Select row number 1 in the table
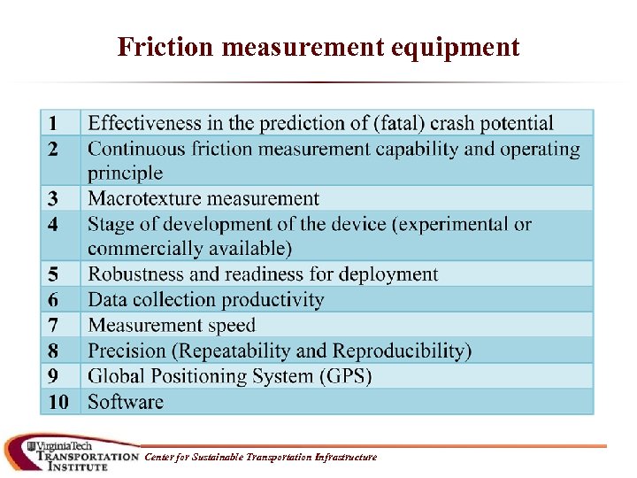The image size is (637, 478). [53, 123]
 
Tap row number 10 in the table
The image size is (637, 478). [58, 402]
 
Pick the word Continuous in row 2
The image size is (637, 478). [140, 149]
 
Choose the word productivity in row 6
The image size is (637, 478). [271, 300]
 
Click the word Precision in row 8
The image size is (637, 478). [127, 351]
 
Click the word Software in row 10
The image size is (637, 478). [126, 402]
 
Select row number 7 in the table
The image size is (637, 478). [53, 326]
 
